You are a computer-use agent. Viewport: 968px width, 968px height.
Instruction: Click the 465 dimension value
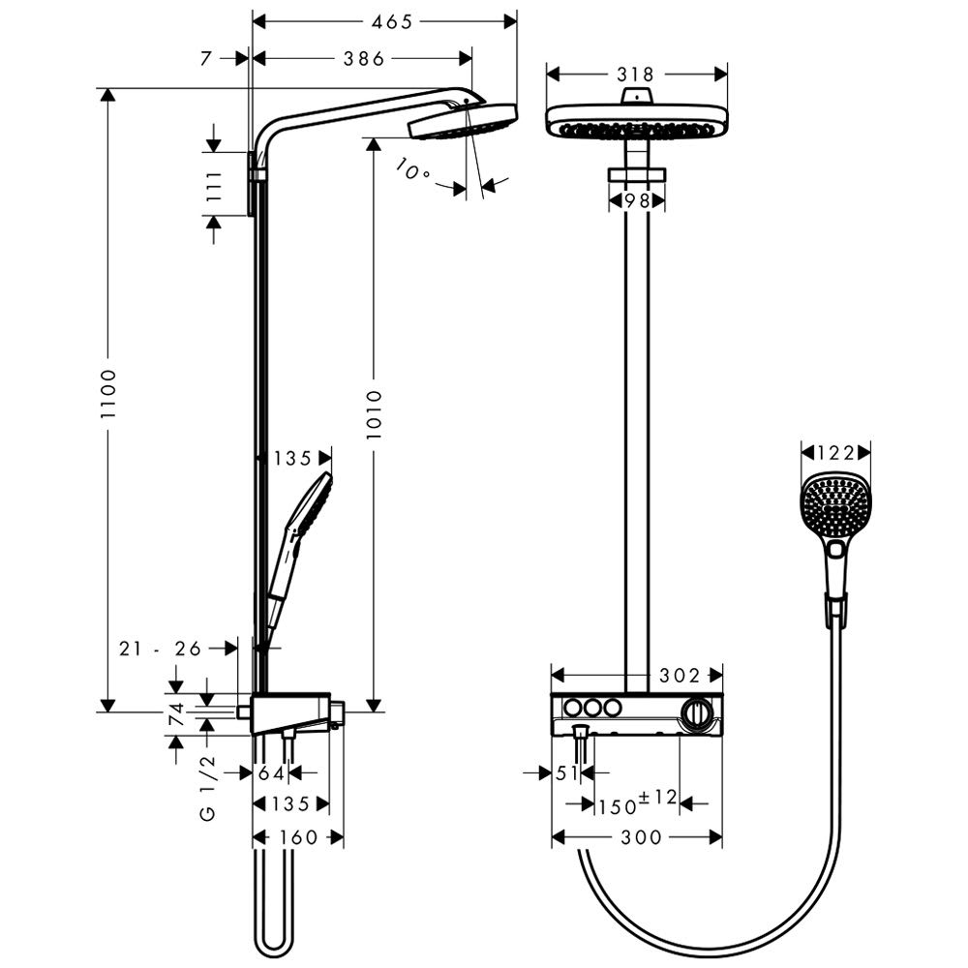click(x=391, y=22)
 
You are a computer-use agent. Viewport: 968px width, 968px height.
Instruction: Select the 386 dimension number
click(x=364, y=59)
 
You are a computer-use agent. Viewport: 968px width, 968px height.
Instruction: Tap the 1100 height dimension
click(x=108, y=394)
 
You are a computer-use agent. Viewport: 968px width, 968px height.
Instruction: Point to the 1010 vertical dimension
click(x=374, y=414)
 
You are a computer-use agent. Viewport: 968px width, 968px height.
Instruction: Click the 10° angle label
click(x=411, y=169)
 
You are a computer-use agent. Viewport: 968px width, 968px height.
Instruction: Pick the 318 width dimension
click(x=635, y=75)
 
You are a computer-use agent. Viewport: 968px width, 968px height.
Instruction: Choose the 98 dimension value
click(x=637, y=201)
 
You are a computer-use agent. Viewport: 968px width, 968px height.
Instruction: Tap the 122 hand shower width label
click(x=835, y=454)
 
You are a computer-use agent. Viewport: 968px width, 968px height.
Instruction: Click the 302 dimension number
click(x=680, y=676)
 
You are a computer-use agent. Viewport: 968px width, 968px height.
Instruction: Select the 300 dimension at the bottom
click(x=642, y=837)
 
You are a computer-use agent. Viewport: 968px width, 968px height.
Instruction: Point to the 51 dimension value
click(x=566, y=772)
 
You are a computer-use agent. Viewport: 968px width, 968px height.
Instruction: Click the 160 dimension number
click(x=298, y=837)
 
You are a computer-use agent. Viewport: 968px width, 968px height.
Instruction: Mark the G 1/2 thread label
click(x=208, y=787)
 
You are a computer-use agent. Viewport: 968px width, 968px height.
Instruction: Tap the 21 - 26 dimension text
click(x=161, y=649)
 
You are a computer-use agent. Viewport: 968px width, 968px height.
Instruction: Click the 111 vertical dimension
click(x=214, y=187)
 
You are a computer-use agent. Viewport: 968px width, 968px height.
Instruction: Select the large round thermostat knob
click(x=696, y=713)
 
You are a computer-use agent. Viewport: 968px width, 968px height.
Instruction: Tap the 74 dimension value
click(x=177, y=713)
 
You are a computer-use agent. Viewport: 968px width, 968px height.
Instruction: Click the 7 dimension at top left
click(x=206, y=59)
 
